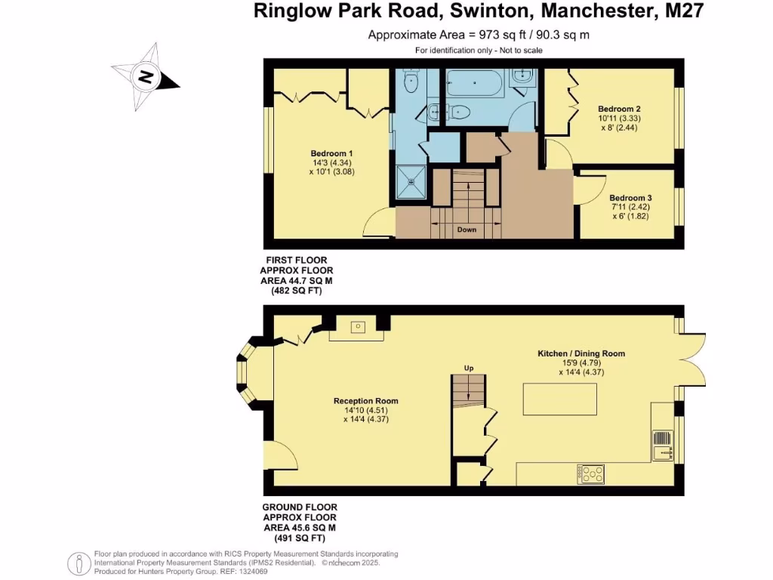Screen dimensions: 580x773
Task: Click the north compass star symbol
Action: point(145,76)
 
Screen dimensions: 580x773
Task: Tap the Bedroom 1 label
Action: point(331,153)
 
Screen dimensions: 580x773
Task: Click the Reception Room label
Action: point(365,401)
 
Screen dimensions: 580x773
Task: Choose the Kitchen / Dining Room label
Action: point(581,353)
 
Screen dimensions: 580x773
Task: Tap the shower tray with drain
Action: point(411,182)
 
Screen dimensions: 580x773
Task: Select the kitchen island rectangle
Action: point(559,399)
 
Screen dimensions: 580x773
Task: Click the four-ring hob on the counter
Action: point(591,474)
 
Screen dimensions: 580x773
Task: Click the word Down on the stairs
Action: point(467,229)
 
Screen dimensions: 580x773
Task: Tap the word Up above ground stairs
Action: point(468,369)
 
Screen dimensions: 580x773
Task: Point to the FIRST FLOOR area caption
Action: point(297,275)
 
